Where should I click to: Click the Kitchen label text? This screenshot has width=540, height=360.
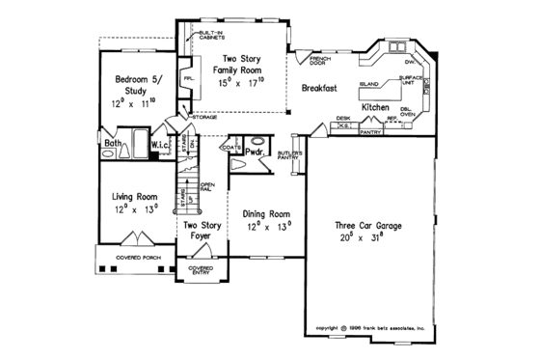pos(376,107)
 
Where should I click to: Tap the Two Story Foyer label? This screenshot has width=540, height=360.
pos(202,231)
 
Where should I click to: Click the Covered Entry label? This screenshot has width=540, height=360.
pos(201,268)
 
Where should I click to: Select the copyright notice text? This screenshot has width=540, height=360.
pos(377,327)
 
